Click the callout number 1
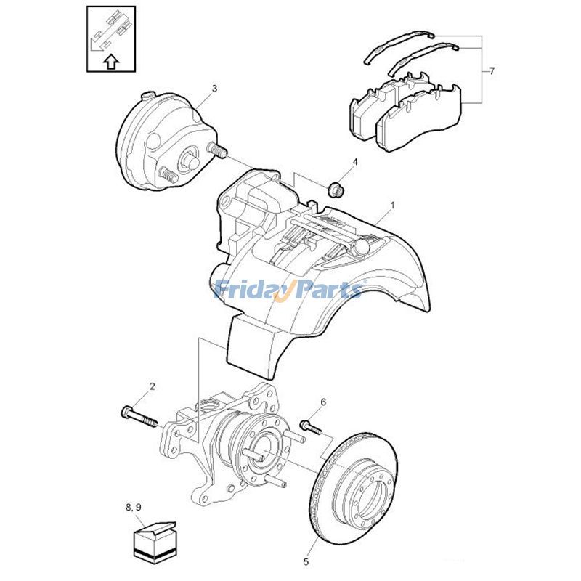tap(393, 205)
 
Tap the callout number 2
tap(153, 386)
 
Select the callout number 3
tap(214, 89)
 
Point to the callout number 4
tap(355, 162)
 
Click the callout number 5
tap(306, 561)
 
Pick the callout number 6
tap(323, 402)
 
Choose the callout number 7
tap(492, 70)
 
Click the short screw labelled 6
tap(312, 426)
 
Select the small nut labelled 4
tap(336, 190)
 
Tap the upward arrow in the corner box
tap(111, 62)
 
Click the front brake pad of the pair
tap(419, 118)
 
